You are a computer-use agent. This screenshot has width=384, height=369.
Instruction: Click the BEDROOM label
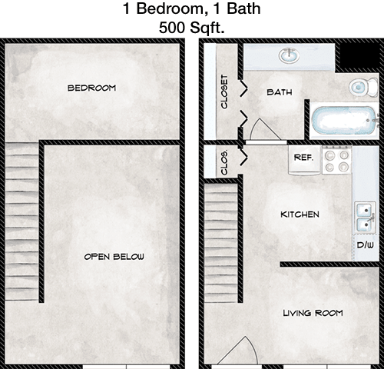tap(91, 88)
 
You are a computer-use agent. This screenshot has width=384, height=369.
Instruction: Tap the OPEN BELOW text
tap(114, 257)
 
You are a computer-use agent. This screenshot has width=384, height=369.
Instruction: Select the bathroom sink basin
tap(290, 55)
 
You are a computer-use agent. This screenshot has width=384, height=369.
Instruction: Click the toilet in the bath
tap(363, 87)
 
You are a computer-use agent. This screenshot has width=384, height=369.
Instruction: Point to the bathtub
tap(345, 120)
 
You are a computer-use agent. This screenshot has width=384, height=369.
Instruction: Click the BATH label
tap(280, 92)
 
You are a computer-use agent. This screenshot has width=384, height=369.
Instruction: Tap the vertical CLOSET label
tap(224, 91)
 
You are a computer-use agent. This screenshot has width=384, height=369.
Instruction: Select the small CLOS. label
tap(224, 163)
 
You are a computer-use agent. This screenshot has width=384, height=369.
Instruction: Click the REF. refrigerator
tap(304, 160)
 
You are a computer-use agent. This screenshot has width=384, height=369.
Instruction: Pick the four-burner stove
tap(337, 160)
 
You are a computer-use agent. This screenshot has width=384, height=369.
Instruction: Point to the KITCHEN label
tap(300, 214)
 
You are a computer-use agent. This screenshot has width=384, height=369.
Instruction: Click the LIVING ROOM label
tap(313, 313)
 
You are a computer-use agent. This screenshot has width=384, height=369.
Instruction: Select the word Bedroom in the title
tap(170, 8)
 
